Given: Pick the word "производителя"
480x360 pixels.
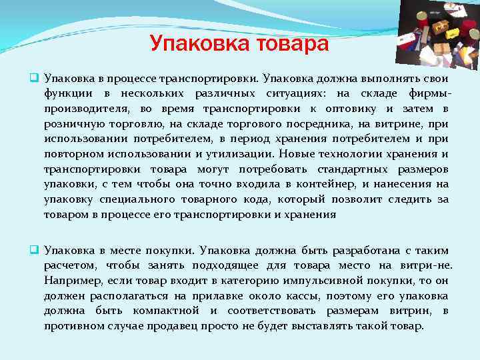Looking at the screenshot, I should pos(85,109).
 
